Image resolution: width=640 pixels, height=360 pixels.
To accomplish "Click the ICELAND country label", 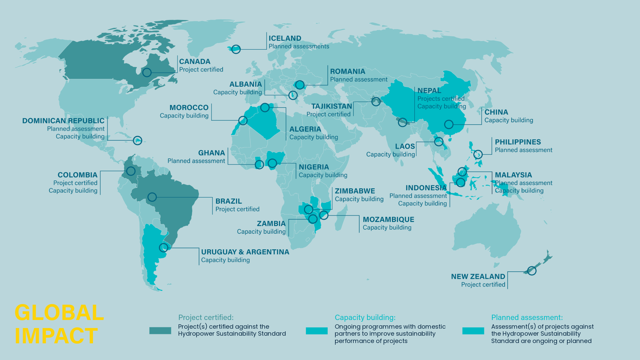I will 285,38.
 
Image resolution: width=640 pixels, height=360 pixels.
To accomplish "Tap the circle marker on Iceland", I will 236,49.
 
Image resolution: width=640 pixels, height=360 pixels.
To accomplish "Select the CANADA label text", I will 195,62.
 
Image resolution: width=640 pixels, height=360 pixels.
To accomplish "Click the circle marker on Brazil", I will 152,197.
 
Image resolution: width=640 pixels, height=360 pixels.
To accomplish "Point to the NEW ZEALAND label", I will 478,277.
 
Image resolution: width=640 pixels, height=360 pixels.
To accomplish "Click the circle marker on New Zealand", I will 532,271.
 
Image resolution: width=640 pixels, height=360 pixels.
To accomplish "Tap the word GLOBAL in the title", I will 59,313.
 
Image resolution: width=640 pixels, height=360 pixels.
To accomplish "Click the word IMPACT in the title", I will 56,336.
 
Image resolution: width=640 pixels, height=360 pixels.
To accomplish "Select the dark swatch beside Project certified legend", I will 160,330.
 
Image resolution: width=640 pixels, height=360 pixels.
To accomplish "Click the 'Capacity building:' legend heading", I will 365,318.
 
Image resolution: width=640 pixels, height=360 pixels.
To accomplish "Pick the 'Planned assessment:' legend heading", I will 527,318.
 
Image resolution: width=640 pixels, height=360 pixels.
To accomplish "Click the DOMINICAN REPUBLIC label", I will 63,121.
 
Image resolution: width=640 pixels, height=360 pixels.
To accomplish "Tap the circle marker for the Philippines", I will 478,154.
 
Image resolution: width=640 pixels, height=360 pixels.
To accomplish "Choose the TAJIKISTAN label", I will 332,106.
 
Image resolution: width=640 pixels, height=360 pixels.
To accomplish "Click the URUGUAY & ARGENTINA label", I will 245,252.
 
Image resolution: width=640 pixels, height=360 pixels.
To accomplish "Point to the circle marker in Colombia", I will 131,171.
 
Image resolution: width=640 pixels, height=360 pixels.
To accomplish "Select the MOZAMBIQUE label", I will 388,220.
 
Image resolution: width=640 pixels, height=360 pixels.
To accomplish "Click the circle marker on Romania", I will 300,85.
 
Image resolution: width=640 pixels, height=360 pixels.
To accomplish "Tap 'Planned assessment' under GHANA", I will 196,161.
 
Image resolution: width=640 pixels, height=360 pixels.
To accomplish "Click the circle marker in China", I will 449,124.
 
